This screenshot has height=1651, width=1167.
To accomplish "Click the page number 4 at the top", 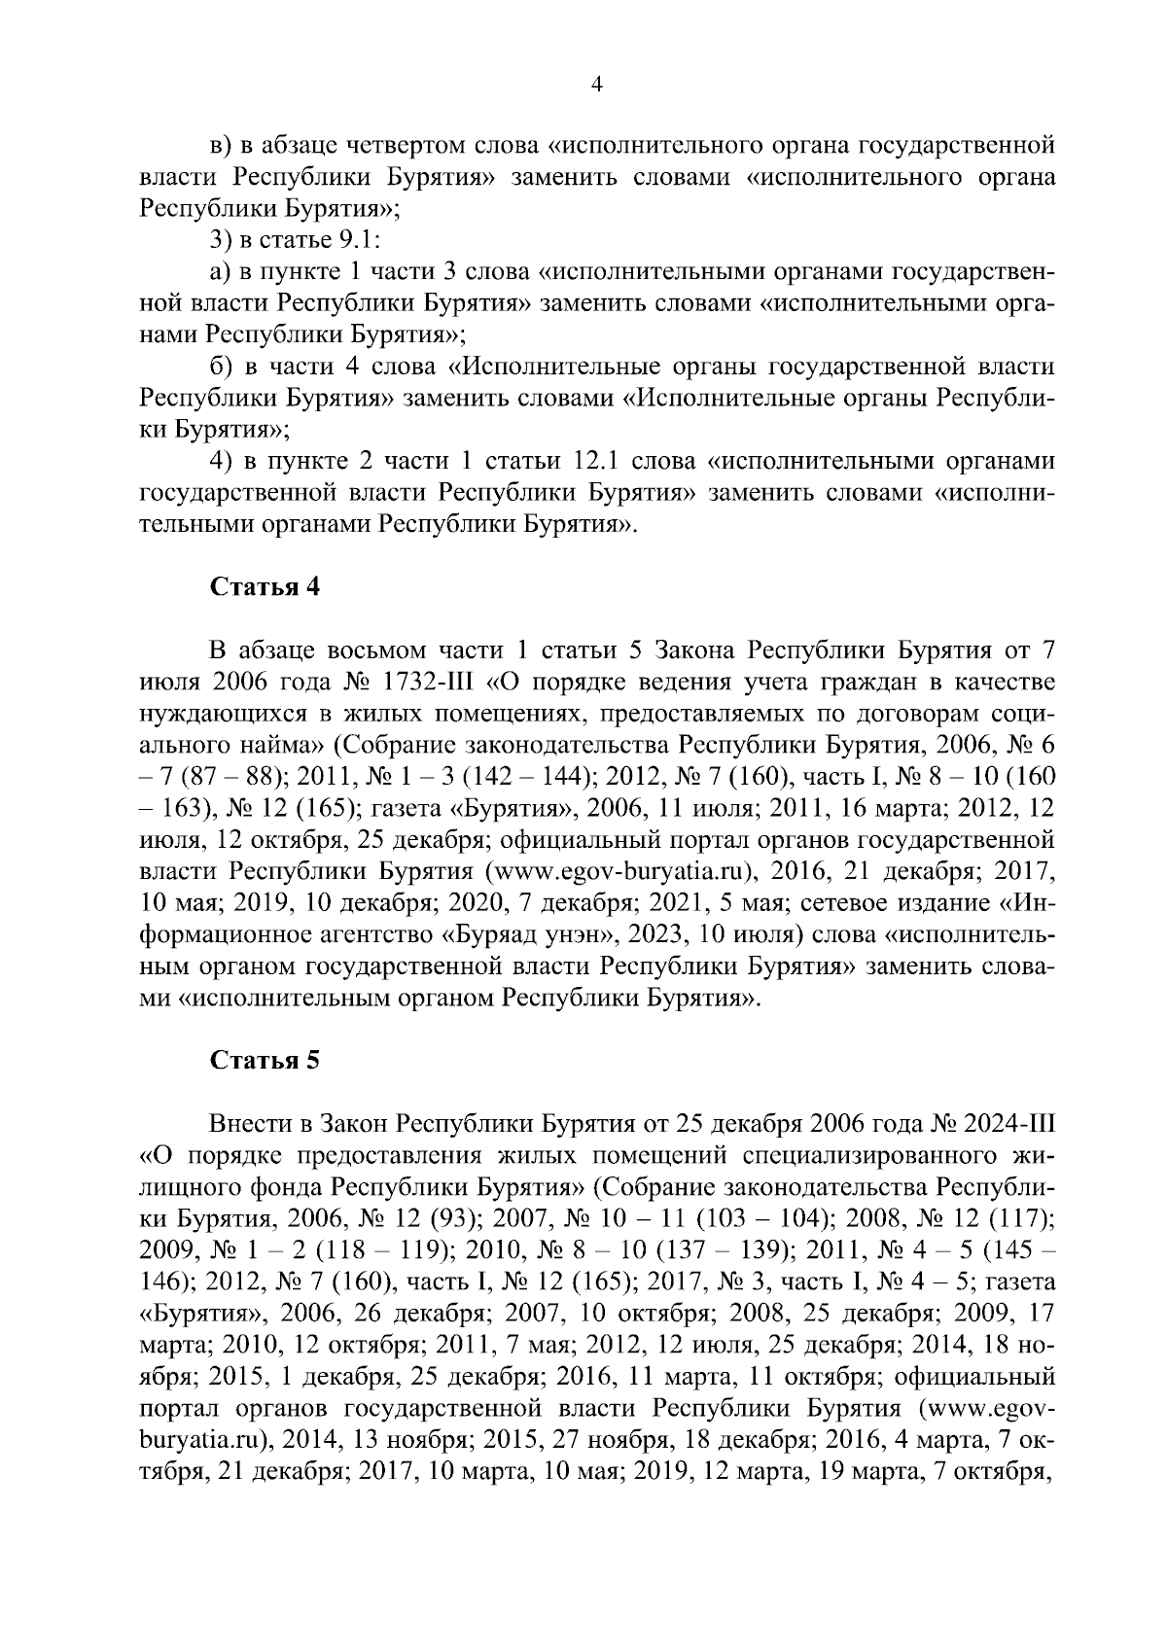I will click(597, 85).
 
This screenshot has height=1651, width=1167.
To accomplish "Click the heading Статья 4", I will click(265, 588).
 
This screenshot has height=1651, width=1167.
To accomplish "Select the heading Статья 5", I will click(265, 1061).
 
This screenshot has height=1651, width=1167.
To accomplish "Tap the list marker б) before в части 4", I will click(225, 368).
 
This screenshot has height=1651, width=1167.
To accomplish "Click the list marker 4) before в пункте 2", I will click(226, 461).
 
